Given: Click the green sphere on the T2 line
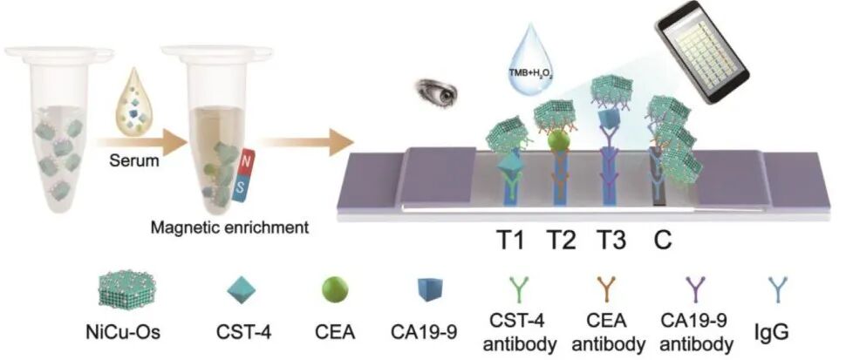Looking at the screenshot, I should click(561, 140).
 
